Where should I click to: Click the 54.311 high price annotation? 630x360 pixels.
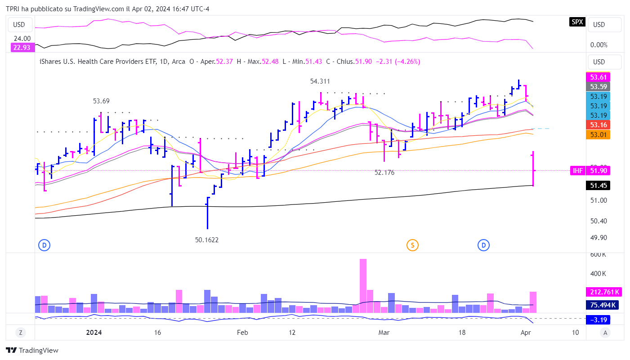[x=320, y=81]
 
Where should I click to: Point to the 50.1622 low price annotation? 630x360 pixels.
[x=206, y=240]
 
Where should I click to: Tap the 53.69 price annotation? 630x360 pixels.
[x=101, y=101]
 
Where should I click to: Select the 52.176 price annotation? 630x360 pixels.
[x=384, y=172]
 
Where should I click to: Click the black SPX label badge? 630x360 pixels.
[x=577, y=22]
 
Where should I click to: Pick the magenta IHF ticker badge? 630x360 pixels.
[x=577, y=171]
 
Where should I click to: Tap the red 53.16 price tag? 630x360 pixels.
[x=598, y=125]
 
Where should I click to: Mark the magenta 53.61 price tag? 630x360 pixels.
[x=598, y=77]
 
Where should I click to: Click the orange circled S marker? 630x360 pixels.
[x=412, y=245]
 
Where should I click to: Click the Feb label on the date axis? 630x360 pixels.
[x=242, y=333]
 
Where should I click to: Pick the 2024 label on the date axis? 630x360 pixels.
[x=94, y=333]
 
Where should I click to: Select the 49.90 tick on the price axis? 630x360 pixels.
[x=599, y=238]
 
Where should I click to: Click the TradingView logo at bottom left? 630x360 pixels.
[x=32, y=351]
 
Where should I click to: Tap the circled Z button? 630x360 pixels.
[x=20, y=333]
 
